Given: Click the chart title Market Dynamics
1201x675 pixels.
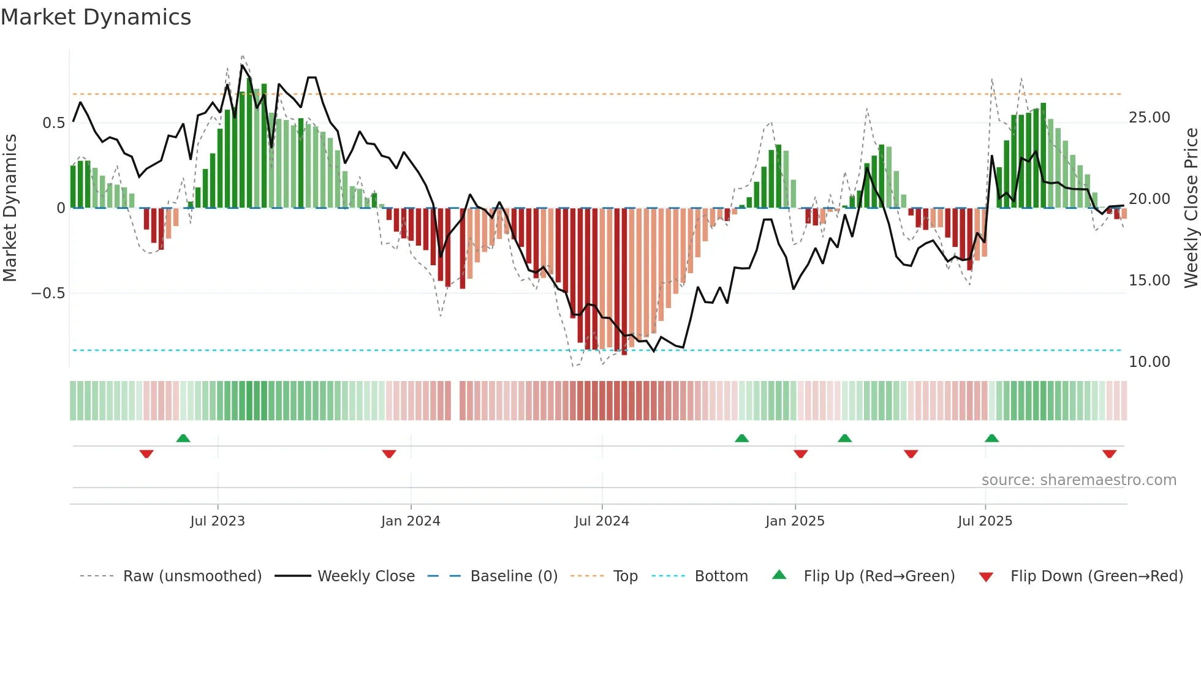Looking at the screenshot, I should click(x=96, y=17).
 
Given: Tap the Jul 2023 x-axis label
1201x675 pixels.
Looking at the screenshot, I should click(x=217, y=521).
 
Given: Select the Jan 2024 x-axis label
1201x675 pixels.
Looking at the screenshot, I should click(x=410, y=521).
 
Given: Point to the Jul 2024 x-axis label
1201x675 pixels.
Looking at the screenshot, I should click(x=602, y=521).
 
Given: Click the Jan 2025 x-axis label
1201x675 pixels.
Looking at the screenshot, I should click(x=795, y=521).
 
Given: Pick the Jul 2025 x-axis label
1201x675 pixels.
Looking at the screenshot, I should click(x=985, y=521).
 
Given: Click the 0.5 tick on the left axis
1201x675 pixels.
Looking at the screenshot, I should click(x=53, y=123).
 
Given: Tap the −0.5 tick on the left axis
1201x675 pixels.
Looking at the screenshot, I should click(x=48, y=293).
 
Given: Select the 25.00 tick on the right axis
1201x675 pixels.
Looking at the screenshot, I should click(x=1149, y=118).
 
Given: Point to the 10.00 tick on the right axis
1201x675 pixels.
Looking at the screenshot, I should click(x=1149, y=362).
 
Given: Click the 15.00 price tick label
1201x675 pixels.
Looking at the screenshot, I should click(x=1149, y=281).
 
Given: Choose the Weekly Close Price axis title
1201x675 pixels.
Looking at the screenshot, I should click(x=1191, y=208).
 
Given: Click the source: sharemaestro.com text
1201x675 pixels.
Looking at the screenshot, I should click(x=1078, y=480).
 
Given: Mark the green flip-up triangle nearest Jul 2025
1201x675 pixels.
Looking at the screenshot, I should click(x=991, y=439).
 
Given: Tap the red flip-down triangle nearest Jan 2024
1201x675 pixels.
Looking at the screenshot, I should click(x=388, y=454).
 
